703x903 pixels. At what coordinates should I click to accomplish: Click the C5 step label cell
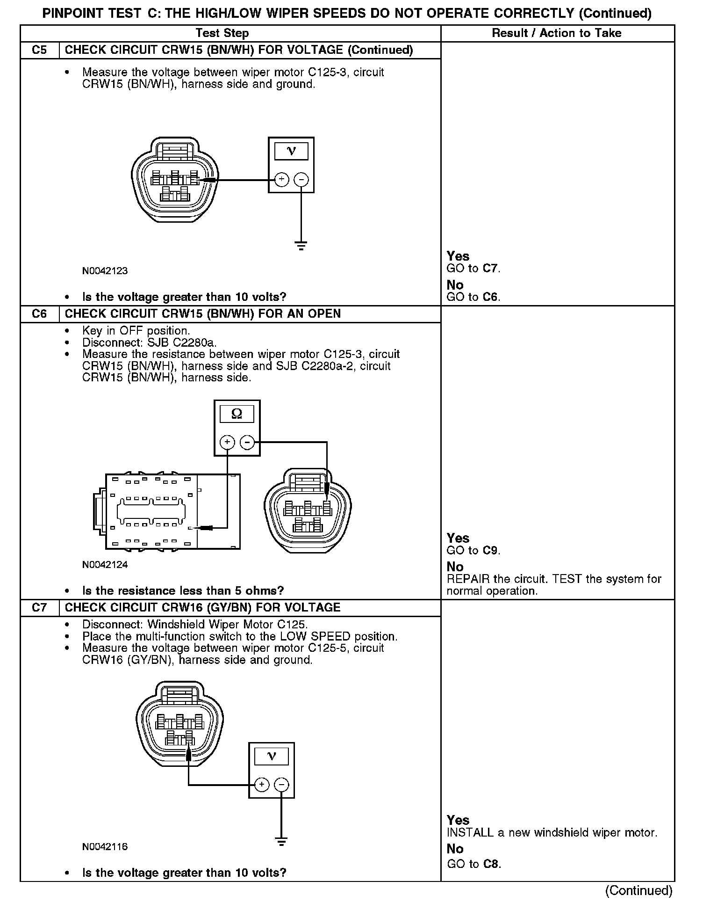coord(40,50)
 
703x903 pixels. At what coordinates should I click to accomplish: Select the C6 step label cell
coord(40,313)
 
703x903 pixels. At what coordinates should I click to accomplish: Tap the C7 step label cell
coord(40,607)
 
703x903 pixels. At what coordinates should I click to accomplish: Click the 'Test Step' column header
coord(222,33)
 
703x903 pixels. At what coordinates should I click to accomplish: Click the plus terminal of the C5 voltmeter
coord(281,180)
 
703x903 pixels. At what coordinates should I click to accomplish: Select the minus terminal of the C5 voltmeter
coord(301,180)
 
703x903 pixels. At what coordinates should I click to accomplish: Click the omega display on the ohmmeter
coord(237,414)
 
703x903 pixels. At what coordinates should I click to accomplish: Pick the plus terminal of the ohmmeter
coord(227,442)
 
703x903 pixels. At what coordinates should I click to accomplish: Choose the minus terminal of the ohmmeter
coord(247,442)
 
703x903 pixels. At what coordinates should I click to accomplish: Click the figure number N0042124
coord(105,564)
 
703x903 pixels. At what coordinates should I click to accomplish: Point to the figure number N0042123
coord(105,270)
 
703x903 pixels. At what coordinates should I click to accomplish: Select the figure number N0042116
coord(105,846)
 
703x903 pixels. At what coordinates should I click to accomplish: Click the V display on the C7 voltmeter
coord(271,757)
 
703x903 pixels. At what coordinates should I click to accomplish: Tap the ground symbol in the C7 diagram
coord(281,841)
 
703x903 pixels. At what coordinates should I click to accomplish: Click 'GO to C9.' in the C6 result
coord(473,550)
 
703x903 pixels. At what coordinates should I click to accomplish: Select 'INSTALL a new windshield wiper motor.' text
coord(552,832)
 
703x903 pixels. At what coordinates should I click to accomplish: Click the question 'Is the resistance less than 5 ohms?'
coord(183,590)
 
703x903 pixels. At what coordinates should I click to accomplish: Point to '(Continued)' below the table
coord(638,890)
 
